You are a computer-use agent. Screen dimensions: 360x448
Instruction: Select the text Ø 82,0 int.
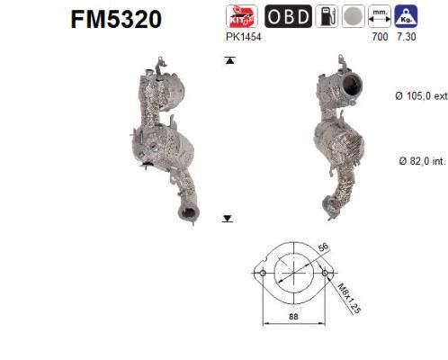tap(418, 161)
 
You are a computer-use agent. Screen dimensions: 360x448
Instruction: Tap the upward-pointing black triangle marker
tap(228, 60)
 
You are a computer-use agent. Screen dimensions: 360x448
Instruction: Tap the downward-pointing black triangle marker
tap(228, 217)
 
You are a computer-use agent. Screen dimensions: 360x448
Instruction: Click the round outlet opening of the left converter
tap(188, 213)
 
